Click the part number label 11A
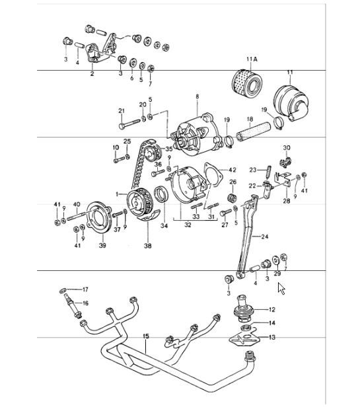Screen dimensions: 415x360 252,61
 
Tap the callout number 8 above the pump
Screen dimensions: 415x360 196,97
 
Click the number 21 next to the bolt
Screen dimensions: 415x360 121,110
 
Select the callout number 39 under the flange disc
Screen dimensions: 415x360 102,246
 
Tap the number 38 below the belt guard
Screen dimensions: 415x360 147,246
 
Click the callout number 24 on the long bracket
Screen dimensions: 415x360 265,237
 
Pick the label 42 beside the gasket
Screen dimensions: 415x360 232,169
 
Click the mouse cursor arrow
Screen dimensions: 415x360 282,289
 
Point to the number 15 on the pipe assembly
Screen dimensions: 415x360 146,336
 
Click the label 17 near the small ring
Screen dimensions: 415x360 85,289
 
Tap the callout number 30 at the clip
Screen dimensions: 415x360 287,147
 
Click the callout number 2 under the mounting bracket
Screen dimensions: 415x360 92,74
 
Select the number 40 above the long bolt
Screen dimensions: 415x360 77,204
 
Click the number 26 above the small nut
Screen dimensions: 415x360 233,182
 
